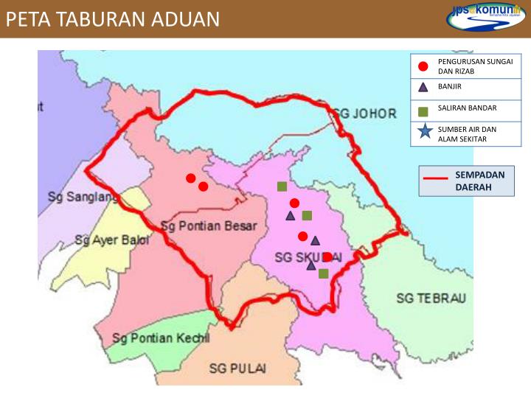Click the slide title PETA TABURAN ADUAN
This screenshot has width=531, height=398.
(113, 18)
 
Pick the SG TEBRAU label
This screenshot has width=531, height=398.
(431, 298)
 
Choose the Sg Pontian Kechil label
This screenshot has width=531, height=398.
(161, 338)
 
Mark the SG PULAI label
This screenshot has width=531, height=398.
(237, 368)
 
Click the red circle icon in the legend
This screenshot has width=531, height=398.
(423, 66)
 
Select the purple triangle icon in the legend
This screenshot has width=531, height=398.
(423, 87)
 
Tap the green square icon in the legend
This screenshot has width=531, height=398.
(423, 111)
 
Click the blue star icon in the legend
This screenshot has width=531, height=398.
(424, 133)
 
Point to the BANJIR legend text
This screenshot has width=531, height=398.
(450, 87)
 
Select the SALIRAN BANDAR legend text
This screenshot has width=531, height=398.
(467, 108)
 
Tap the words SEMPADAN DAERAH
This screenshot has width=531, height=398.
(479, 181)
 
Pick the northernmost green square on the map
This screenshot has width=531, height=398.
(282, 186)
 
